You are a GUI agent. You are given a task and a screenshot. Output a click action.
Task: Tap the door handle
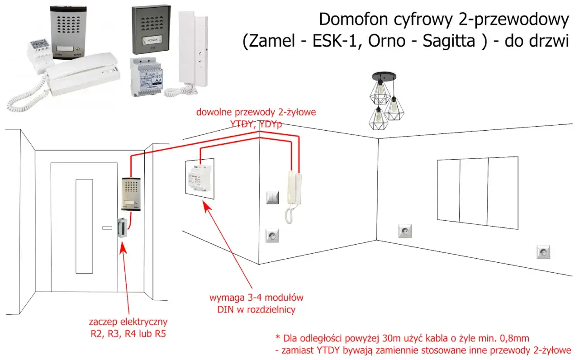107,227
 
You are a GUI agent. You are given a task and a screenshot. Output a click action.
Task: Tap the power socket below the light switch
273,236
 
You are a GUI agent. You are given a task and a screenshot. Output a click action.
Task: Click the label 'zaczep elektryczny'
128,322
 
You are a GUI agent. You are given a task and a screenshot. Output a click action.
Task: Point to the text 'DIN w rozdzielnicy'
256,309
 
